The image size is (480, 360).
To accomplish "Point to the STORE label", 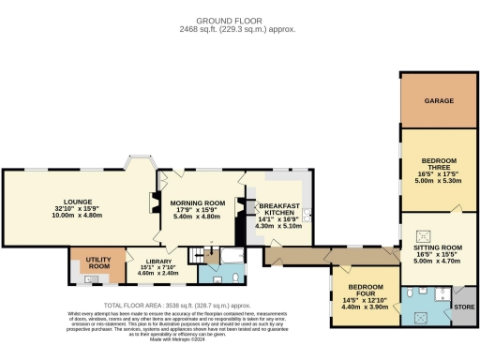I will pyautogui.click(x=464, y=307).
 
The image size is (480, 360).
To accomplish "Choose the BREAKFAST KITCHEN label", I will pyautogui.click(x=278, y=209).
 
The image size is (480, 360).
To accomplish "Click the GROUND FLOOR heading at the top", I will pyautogui.click(x=239, y=19).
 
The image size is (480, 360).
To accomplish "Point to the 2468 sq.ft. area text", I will pyautogui.click(x=239, y=29).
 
